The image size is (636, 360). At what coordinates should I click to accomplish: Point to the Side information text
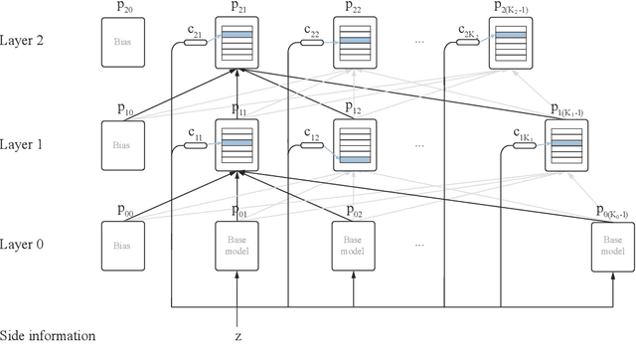coord(48,336)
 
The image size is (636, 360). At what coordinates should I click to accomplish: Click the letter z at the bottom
coord(238,336)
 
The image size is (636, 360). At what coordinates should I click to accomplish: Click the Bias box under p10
coord(122,144)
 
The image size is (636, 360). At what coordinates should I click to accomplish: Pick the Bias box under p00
coord(122,245)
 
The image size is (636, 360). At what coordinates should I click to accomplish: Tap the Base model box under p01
coord(238,245)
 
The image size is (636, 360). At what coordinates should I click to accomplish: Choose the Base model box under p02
coord(353,245)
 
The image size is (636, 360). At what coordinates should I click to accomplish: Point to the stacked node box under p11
coord(238,144)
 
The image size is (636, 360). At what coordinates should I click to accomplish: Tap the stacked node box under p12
coord(353,144)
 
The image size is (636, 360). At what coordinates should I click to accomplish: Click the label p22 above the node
coord(354,8)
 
